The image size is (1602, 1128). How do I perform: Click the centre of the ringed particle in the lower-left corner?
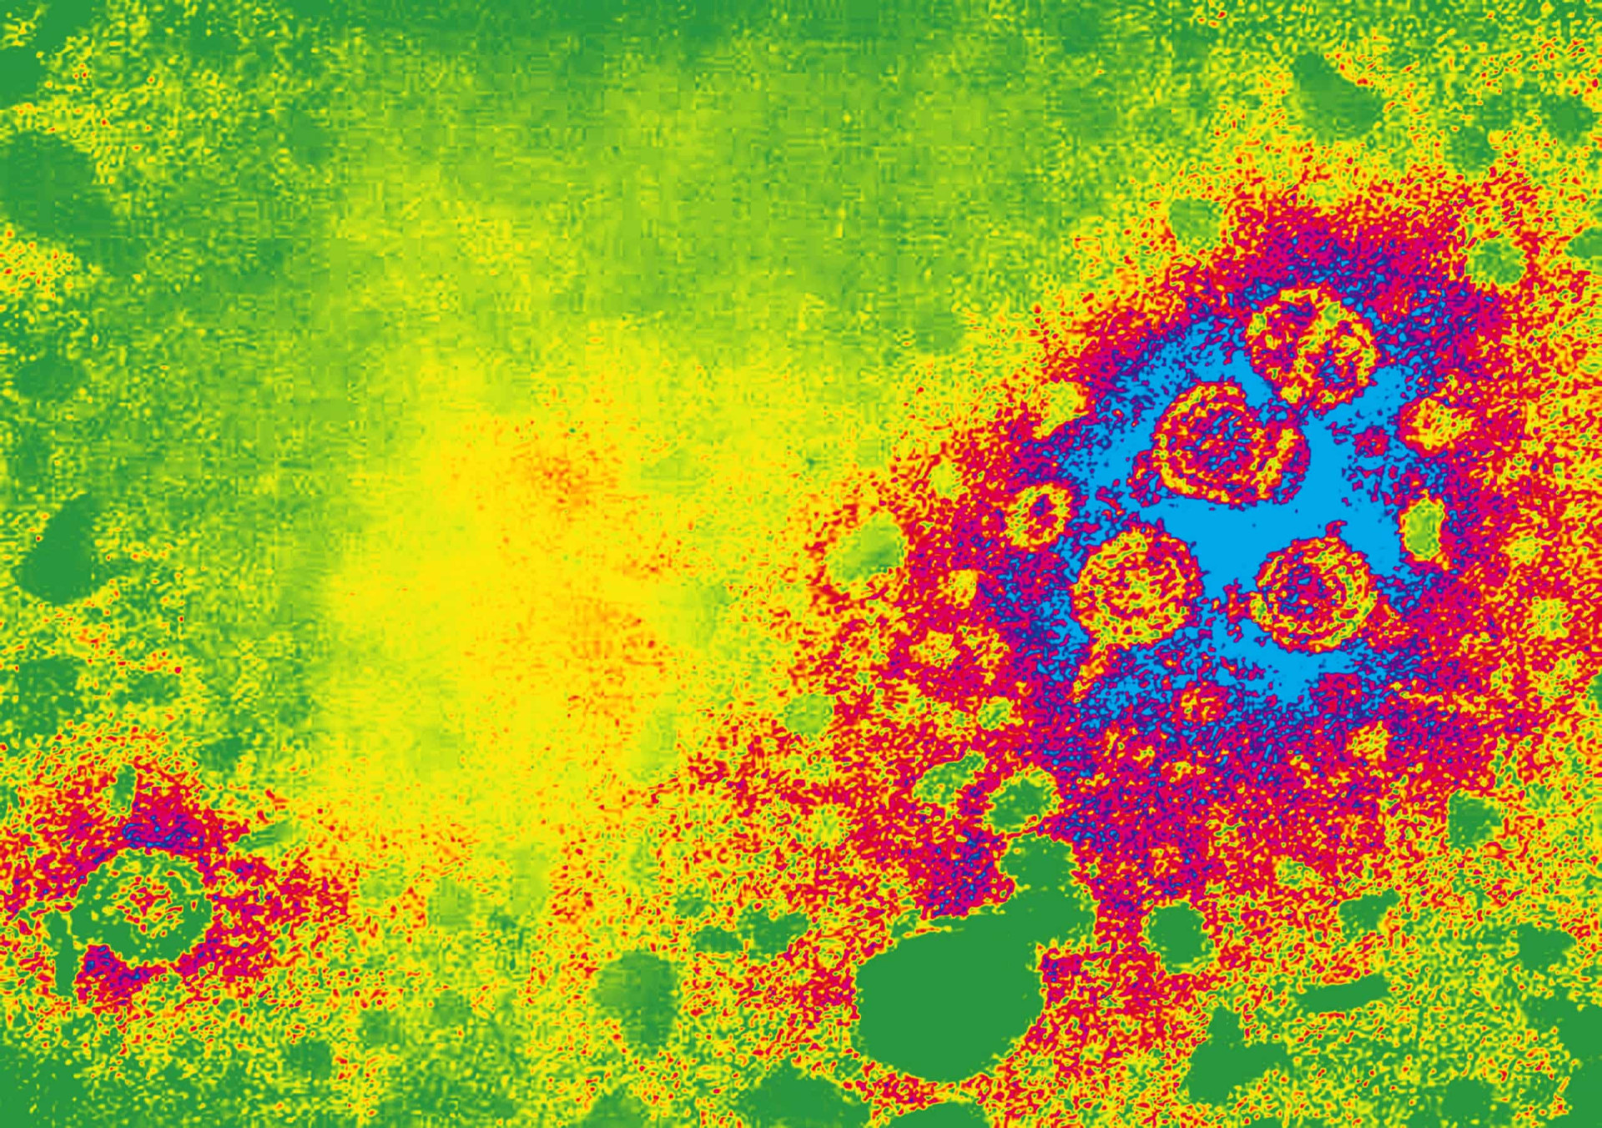(142, 909)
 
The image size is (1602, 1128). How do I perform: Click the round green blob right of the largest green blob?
(1176, 934)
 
